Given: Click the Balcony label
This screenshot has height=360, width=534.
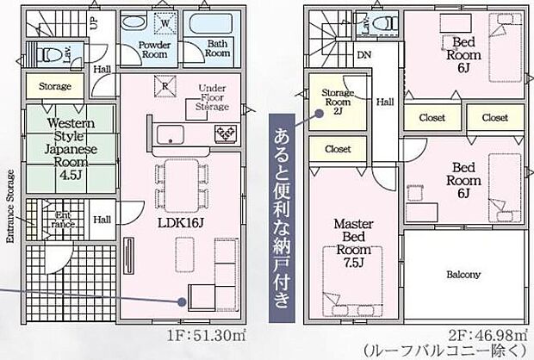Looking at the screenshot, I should [463, 276].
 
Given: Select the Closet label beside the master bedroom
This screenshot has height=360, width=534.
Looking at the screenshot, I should [338, 149].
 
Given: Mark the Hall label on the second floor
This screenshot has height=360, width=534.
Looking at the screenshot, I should [384, 102].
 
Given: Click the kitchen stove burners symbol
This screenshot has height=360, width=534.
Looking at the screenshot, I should [226, 133].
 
